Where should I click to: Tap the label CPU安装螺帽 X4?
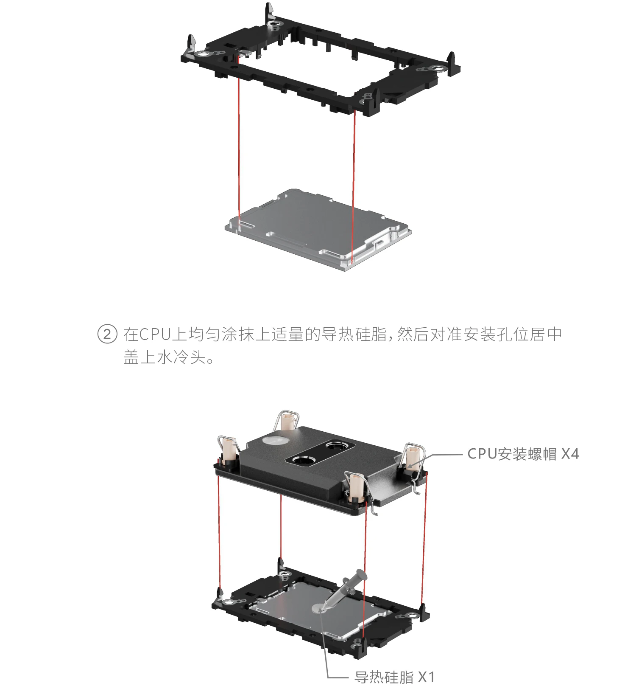tap(523, 454)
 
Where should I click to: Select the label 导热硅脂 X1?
tap(395, 677)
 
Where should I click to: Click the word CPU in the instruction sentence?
tap(155, 334)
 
